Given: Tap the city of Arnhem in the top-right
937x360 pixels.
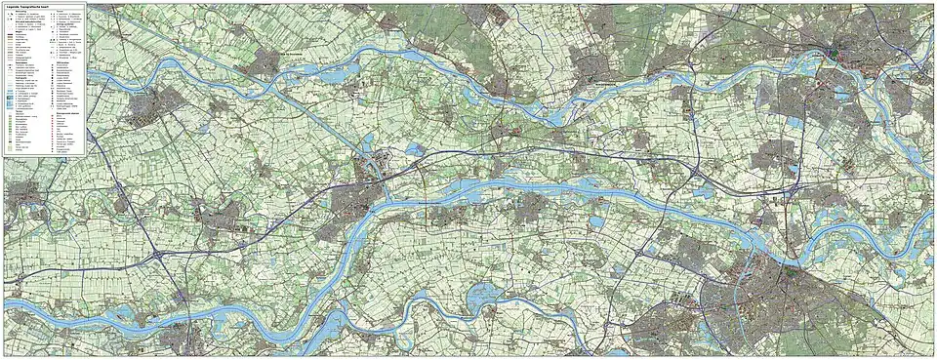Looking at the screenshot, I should (839, 49).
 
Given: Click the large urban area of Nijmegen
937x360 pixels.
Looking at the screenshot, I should (781, 283).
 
